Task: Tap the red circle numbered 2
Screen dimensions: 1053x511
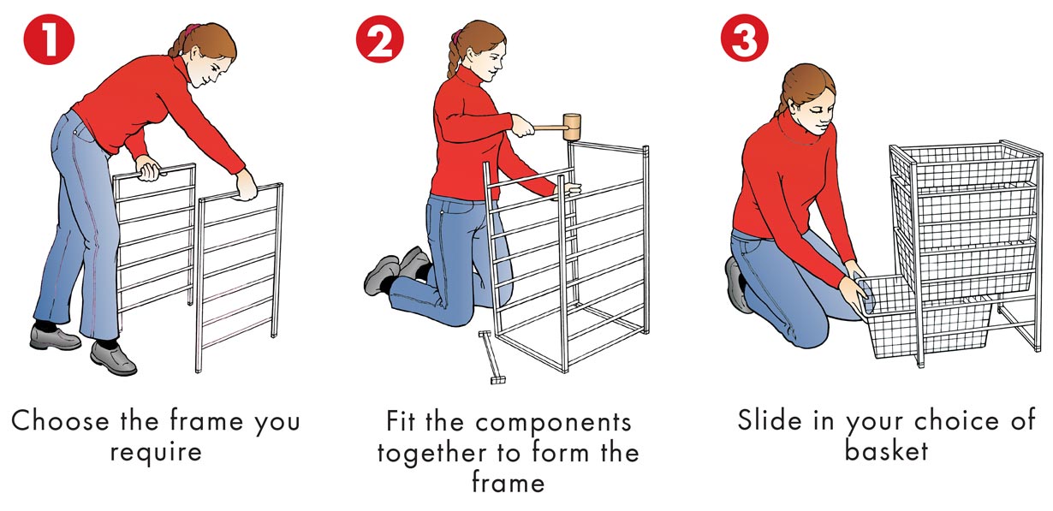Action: point(379,39)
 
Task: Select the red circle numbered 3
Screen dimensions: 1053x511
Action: point(745,38)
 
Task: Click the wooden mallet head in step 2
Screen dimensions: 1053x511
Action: point(572,127)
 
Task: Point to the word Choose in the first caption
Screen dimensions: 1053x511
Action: point(60,421)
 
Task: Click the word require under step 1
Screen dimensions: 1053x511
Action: point(156,452)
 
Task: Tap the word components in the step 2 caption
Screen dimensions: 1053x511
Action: point(553,422)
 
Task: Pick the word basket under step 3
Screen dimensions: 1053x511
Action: point(886,450)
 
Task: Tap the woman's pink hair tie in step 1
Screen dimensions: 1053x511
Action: point(189,31)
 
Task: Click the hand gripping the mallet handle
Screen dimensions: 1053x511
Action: point(522,126)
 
